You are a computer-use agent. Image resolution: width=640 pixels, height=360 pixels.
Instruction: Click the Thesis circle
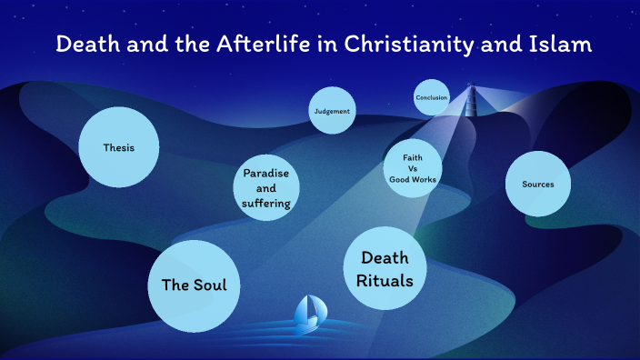(x=119, y=147)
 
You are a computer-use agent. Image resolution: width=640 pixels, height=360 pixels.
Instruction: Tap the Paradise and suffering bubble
(x=266, y=188)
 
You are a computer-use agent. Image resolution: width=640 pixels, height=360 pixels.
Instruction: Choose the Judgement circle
(x=331, y=111)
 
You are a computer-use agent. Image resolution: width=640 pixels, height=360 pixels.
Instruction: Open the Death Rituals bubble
(x=386, y=269)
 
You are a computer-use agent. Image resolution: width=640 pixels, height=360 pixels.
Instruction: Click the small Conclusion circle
(x=432, y=97)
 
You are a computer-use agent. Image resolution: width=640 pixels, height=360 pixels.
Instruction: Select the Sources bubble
(x=538, y=185)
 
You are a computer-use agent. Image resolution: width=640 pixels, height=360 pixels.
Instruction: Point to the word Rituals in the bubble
(x=386, y=280)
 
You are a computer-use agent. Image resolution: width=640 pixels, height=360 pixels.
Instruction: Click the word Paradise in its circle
(x=266, y=174)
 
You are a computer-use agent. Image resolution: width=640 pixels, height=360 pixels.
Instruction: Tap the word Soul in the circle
(x=209, y=285)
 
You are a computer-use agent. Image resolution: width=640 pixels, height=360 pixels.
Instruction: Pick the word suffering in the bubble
(x=266, y=203)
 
